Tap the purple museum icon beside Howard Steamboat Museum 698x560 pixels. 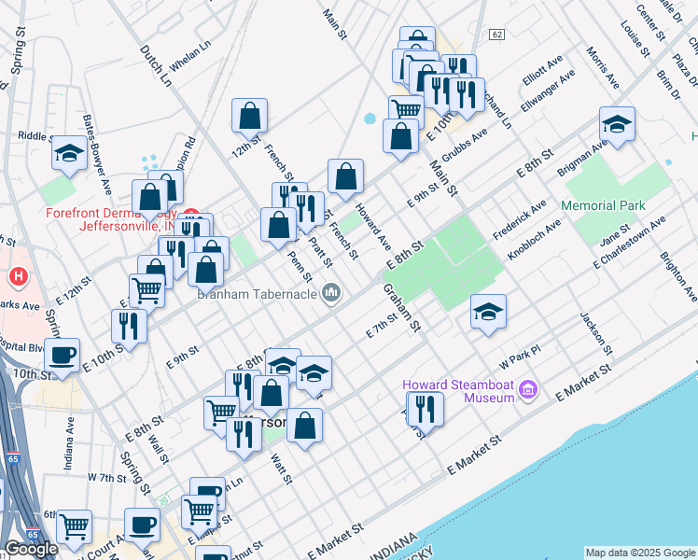[x=528, y=387]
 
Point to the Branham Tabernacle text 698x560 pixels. [x=257, y=295]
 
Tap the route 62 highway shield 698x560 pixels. [x=496, y=35]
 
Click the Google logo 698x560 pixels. [x=31, y=549]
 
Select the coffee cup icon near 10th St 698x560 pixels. [x=63, y=355]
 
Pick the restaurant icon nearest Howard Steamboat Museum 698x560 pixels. [x=426, y=407]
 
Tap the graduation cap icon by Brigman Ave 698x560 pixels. [x=616, y=124]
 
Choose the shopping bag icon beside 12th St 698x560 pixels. [x=250, y=116]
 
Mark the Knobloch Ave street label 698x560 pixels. [x=534, y=238]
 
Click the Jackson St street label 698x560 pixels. [x=594, y=334]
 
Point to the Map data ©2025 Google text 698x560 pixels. [x=640, y=553]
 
